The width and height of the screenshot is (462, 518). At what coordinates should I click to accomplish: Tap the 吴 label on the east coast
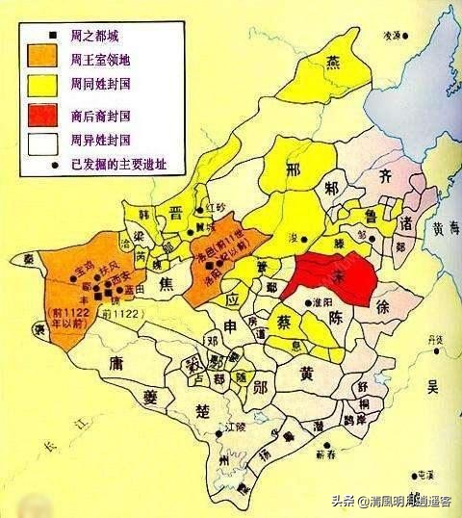click(432, 386)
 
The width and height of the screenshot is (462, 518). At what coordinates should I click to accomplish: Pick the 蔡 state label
click(285, 319)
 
